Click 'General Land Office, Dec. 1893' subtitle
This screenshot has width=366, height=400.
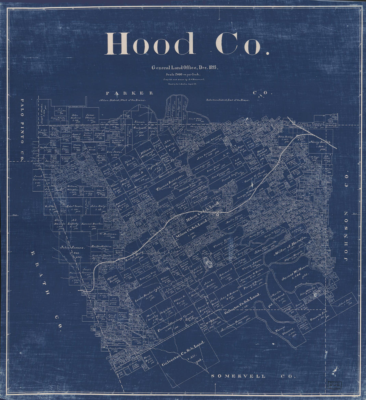pyautogui.click(x=184, y=67)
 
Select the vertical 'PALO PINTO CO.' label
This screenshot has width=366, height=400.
pyautogui.click(x=23, y=130)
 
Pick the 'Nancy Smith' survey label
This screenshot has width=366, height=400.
pyautogui.click(x=320, y=142)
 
